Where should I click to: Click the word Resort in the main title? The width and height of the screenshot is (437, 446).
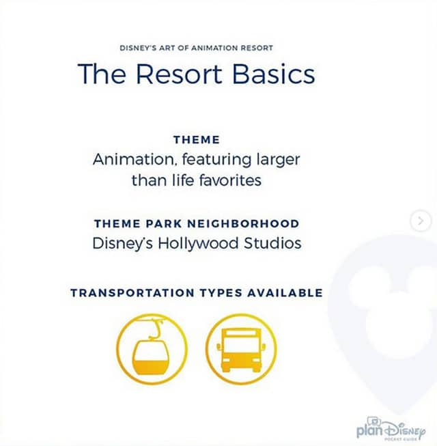[179, 73]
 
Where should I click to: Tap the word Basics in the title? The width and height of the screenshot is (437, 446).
[274, 73]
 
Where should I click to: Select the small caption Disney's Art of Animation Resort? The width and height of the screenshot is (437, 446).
[196, 48]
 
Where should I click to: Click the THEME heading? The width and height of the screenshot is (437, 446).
[197, 139]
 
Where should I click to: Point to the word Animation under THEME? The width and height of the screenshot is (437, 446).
[133, 159]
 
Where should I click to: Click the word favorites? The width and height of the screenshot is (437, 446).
[230, 180]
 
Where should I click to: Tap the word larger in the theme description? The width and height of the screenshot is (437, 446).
[278, 160]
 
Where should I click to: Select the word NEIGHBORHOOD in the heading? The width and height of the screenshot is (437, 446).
[243, 223]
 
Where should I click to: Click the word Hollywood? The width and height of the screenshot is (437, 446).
[198, 244]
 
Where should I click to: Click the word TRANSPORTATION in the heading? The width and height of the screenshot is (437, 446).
[132, 293]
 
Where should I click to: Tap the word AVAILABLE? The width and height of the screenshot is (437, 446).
[285, 293]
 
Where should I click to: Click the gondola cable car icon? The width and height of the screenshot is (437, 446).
[152, 349]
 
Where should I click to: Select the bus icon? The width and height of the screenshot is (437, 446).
[241, 349]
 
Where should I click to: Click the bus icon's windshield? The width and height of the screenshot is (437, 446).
[241, 346]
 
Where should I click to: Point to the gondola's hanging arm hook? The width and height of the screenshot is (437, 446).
[156, 330]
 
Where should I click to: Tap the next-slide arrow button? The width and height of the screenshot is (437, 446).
[421, 221]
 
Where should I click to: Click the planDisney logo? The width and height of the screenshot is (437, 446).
[391, 429]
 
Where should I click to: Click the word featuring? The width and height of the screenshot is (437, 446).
[216, 160]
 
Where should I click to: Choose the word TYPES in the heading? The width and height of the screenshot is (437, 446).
[221, 293]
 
